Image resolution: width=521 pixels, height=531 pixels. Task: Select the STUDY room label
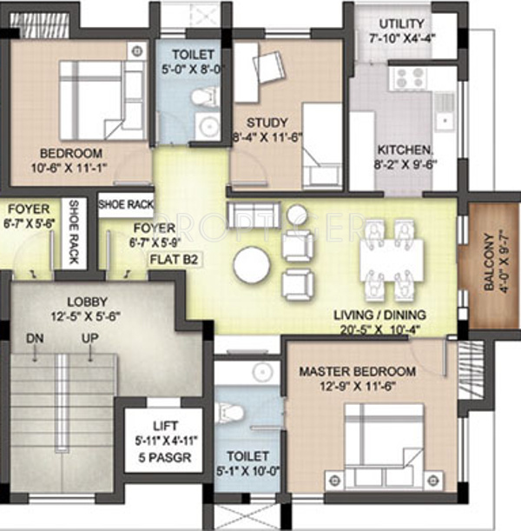pyautogui.click(x=260, y=122)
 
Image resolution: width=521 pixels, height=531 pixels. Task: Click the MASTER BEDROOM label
pyautogui.click(x=357, y=371)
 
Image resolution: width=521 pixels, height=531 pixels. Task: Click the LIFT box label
pyautogui.click(x=164, y=425)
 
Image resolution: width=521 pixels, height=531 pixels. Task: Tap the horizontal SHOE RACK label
pyautogui.click(x=126, y=205)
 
